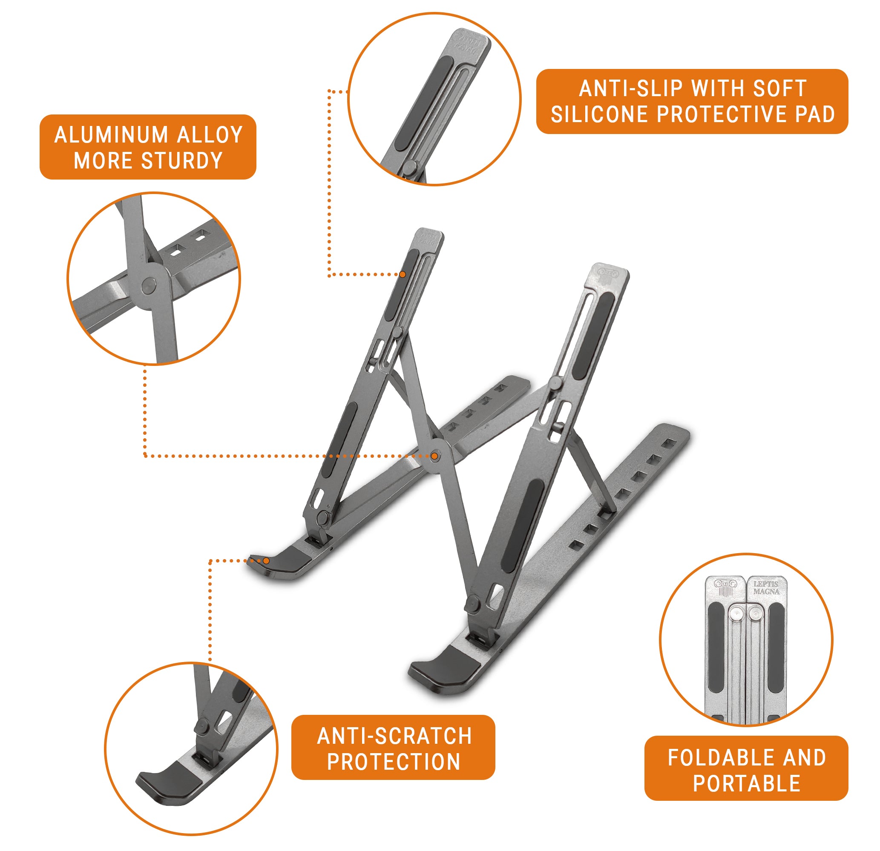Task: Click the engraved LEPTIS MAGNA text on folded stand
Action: tap(766, 588)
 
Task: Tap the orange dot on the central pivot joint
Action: tap(434, 456)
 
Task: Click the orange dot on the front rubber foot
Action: tap(266, 561)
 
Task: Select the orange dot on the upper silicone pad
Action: tap(403, 274)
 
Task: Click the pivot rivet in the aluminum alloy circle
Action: tap(148, 286)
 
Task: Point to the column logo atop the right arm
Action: tap(608, 274)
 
